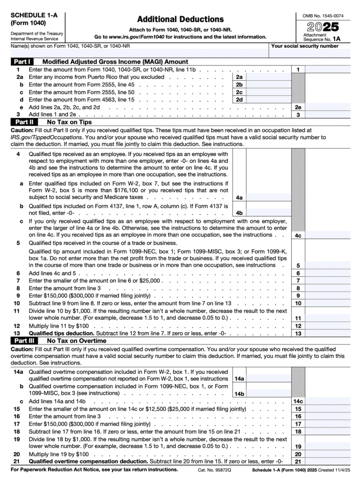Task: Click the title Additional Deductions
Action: (x=180, y=19)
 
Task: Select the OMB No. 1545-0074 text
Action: (x=323, y=16)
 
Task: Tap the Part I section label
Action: (x=22, y=62)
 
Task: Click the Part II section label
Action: (x=22, y=121)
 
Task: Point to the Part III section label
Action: (x=22, y=341)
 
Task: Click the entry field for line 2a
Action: (x=266, y=77)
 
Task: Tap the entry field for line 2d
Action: (x=266, y=99)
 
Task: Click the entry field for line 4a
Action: (x=266, y=197)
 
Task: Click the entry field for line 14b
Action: (x=266, y=394)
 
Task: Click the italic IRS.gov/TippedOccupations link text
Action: (x=46, y=138)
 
